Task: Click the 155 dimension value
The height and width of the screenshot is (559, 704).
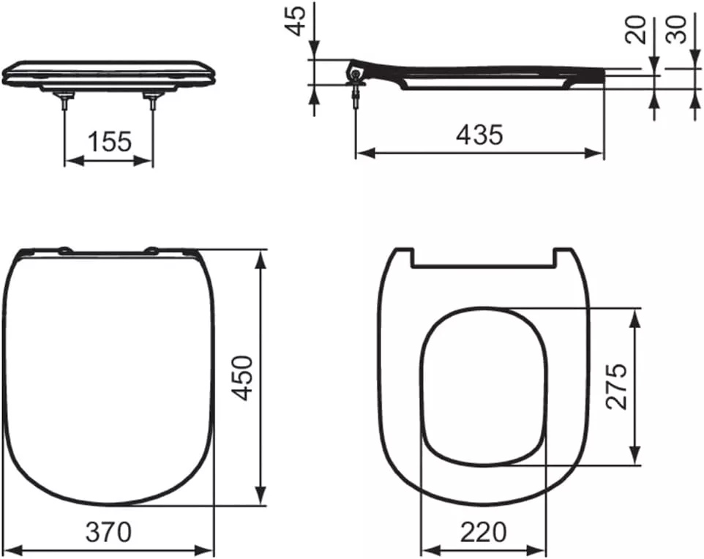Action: pyautogui.click(x=109, y=140)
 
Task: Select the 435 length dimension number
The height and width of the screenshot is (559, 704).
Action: pyautogui.click(x=479, y=134)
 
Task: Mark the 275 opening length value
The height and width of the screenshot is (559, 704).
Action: pyautogui.click(x=616, y=386)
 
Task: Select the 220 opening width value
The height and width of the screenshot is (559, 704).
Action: pyautogui.click(x=483, y=532)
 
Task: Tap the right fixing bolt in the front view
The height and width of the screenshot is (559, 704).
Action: pyautogui.click(x=152, y=101)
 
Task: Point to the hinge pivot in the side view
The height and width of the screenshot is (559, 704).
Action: pyautogui.click(x=356, y=73)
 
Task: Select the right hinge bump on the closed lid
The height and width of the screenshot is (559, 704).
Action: pyautogui.click(x=152, y=250)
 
